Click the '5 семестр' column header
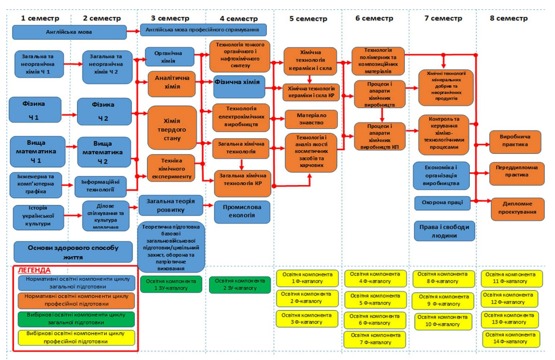click(x=308, y=18)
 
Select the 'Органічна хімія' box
click(x=170, y=57)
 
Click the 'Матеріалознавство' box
click(x=311, y=119)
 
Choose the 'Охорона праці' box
click(x=442, y=203)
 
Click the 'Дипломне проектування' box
click(x=517, y=208)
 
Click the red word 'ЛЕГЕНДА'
click(x=34, y=270)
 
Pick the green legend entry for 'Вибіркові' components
click(x=76, y=319)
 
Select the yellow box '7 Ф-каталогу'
click(x=375, y=339)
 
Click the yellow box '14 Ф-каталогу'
click(x=511, y=338)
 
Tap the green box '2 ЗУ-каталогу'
click(x=240, y=285)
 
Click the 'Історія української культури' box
click(x=38, y=217)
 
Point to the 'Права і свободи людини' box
click(x=444, y=231)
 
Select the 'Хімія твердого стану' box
click(x=172, y=127)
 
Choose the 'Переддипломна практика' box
click(x=517, y=173)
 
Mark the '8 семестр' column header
click(x=508, y=18)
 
